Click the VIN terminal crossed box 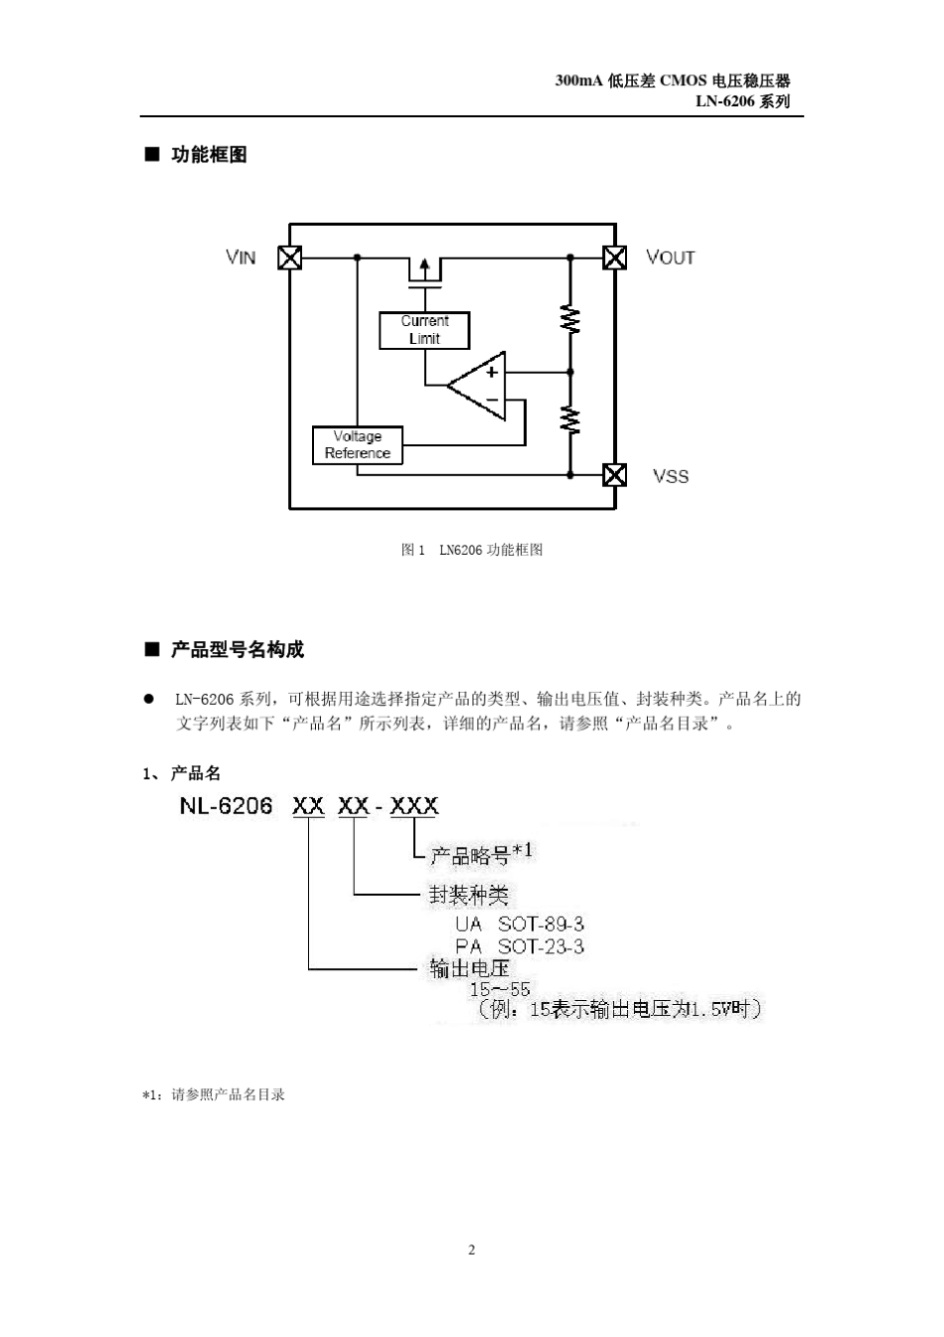[289, 257]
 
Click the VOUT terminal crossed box [615, 257]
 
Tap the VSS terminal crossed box [615, 475]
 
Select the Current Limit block [424, 330]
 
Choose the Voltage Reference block [358, 445]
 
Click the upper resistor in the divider [570, 319]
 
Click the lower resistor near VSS [570, 419]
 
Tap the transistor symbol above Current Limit [424, 270]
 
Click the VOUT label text [671, 257]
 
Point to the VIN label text [241, 257]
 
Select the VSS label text [671, 476]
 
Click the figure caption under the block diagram [472, 550]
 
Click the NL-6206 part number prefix [226, 805]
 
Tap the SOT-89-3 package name [541, 924]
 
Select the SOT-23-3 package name [541, 946]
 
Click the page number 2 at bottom [472, 1250]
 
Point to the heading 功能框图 [209, 154]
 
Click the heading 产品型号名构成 [237, 650]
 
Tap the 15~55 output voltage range [500, 989]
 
